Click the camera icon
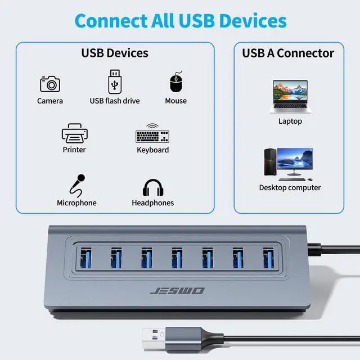50,84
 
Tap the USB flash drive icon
115,82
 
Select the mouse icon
176,83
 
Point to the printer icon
74,134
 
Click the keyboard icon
152,134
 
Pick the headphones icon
153,187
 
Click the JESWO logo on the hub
178,291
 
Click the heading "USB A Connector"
288,53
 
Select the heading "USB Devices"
115,53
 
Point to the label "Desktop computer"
290,188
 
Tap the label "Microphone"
76,203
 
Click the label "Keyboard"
153,150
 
